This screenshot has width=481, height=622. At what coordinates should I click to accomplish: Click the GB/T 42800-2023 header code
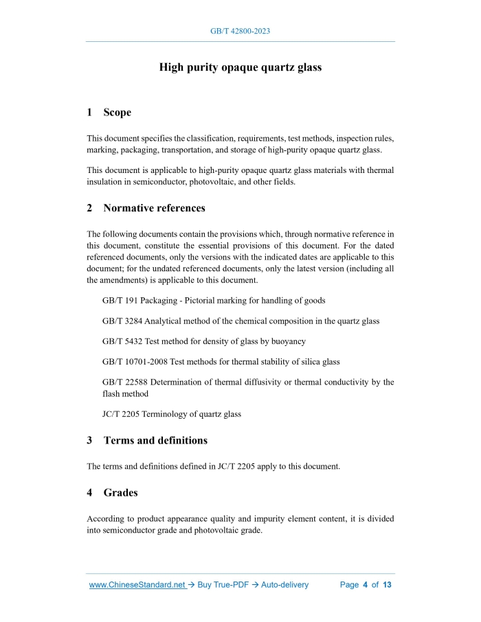240,32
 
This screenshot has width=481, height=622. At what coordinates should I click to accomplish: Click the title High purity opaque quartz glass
240,67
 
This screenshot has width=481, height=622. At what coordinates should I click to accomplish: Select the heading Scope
118,112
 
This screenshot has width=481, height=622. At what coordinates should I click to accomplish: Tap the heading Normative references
154,207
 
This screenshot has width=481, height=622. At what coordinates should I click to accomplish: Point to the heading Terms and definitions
155,440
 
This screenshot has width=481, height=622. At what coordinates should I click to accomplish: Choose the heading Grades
120,492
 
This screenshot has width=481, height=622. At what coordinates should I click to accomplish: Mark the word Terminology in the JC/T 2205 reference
170,414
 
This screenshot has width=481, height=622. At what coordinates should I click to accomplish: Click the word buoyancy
288,341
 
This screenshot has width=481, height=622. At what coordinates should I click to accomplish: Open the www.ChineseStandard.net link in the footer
137,585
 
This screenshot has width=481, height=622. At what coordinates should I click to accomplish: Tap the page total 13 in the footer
387,585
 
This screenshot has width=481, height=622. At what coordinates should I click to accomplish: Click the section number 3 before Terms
90,440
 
